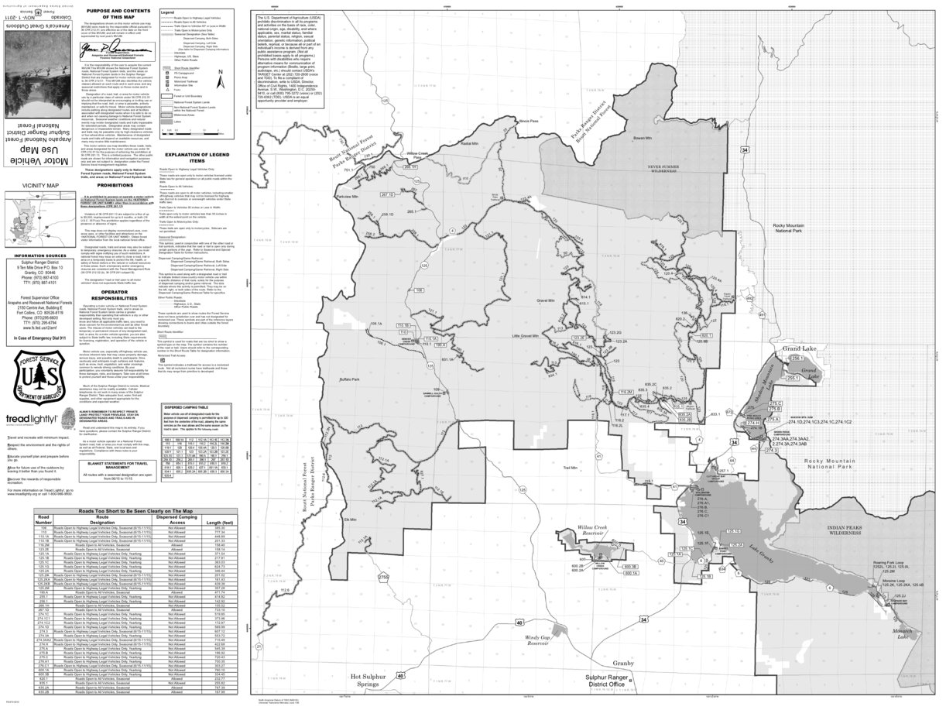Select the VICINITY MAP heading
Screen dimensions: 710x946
click(x=40, y=186)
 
